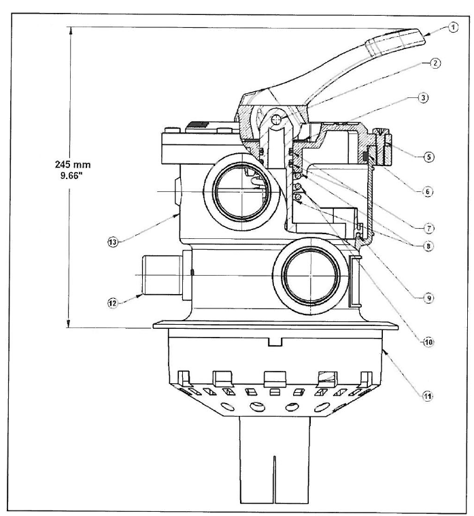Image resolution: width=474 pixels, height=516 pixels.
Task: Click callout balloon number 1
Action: (453, 27)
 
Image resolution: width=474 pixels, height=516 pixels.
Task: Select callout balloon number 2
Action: (435, 63)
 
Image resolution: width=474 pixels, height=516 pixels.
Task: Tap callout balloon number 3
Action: (423, 98)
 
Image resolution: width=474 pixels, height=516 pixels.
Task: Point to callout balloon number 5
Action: (428, 157)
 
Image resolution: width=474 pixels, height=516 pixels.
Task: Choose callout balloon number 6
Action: (427, 191)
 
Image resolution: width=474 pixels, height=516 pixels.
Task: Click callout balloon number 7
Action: (428, 228)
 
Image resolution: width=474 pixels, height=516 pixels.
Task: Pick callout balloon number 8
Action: (428, 246)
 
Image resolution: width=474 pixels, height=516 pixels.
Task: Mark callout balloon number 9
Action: (428, 298)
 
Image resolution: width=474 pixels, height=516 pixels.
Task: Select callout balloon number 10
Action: (428, 342)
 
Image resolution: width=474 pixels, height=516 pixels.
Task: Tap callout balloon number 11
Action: (427, 397)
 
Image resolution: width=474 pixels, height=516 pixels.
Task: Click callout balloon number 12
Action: (113, 303)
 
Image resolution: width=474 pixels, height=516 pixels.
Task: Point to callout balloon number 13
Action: (113, 242)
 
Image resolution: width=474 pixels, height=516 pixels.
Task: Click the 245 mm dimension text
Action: (73, 164)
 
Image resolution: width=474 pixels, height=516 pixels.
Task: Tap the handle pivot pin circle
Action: (277, 120)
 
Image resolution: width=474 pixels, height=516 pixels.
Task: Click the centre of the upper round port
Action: (242, 191)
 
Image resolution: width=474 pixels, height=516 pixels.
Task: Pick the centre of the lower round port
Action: (311, 275)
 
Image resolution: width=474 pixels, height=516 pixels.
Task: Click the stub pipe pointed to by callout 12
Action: (161, 275)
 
